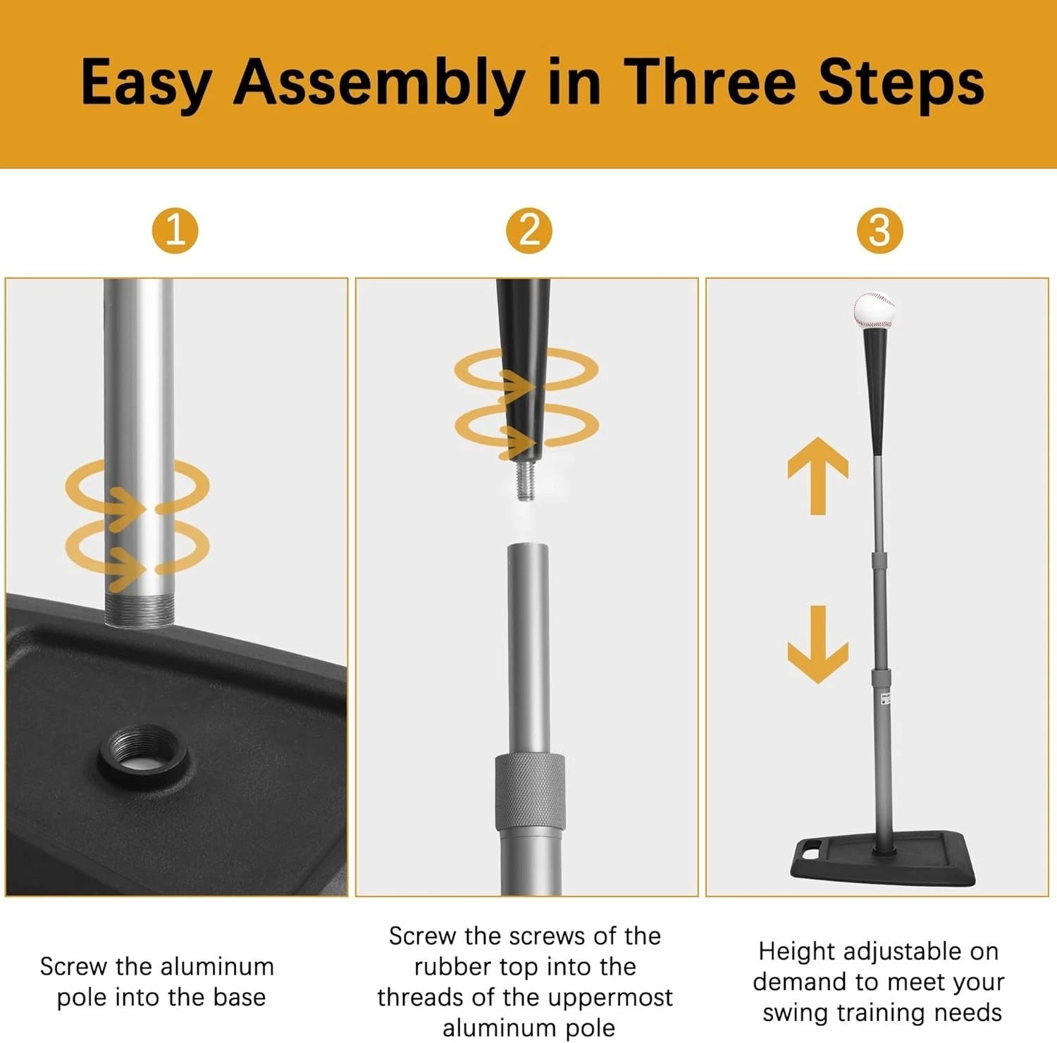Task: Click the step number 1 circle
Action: click(x=175, y=230)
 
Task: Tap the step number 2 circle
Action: click(x=529, y=230)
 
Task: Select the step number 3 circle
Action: click(x=879, y=230)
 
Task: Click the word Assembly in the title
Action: click(x=379, y=85)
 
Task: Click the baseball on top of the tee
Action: click(x=874, y=311)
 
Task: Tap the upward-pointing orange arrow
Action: click(x=817, y=476)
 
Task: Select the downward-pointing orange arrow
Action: click(x=817, y=644)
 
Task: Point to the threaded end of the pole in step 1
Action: click(x=138, y=610)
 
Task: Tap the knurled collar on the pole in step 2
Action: click(x=529, y=792)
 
